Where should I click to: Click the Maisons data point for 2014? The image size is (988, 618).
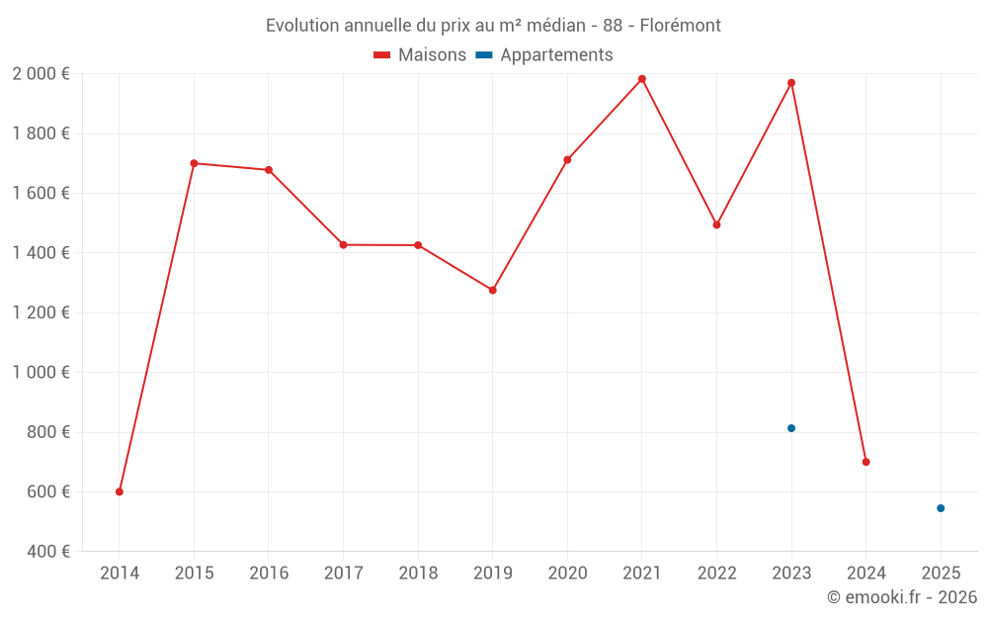point(120,491)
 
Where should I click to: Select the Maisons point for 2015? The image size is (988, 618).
point(194,163)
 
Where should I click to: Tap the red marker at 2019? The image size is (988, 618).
point(493,290)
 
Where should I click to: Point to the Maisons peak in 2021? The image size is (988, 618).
point(642,79)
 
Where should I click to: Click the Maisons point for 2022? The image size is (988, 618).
point(716,224)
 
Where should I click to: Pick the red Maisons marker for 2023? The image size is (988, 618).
point(791,83)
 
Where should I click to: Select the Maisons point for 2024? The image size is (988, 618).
point(865,462)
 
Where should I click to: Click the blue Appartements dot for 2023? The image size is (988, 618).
point(791,428)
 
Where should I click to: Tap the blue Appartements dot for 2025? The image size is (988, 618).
point(941,508)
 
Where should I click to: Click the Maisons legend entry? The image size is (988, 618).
point(420,55)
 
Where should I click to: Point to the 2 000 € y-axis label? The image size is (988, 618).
point(41,74)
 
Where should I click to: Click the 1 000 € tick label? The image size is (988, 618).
point(41,373)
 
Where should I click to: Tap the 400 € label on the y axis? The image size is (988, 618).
point(46,552)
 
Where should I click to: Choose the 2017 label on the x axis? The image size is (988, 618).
point(343,574)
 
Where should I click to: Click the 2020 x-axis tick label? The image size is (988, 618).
point(567,574)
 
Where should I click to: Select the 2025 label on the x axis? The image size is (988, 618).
point(941,574)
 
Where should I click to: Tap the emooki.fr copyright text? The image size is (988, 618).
point(902,597)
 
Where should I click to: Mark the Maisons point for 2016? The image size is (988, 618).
point(269,170)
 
